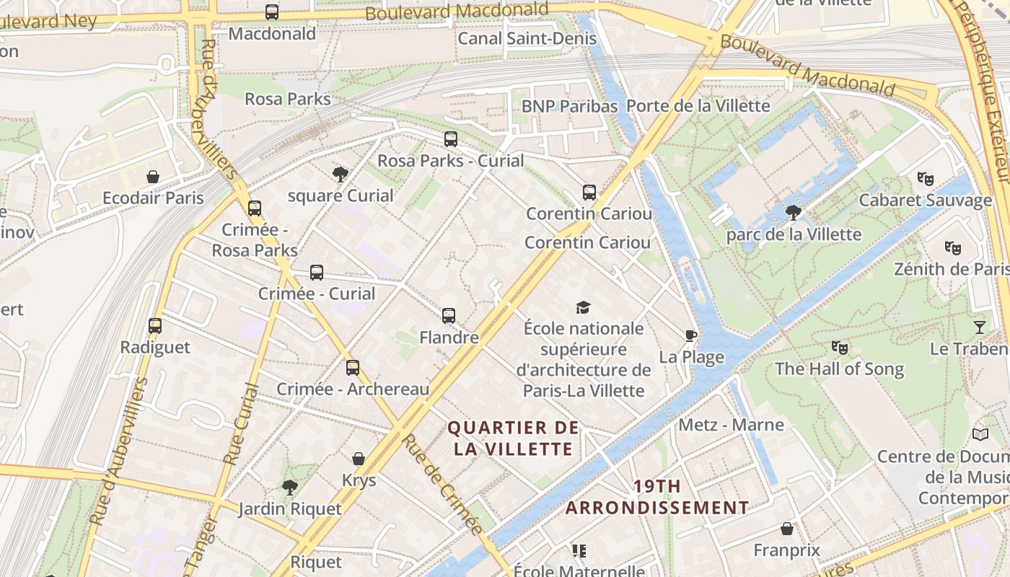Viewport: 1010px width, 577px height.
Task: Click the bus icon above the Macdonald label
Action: pos(272,12)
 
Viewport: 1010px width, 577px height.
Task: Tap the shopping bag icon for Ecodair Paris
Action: pos(153,177)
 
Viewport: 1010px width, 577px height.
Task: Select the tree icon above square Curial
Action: pos(340,174)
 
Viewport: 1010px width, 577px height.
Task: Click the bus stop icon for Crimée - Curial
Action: pos(317,273)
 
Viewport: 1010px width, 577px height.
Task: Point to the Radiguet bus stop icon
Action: pos(155,326)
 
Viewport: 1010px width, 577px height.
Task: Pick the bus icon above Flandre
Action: pos(449,316)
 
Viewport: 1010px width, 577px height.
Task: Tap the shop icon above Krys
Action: pos(359,459)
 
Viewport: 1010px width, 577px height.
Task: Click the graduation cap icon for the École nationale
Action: pos(583,308)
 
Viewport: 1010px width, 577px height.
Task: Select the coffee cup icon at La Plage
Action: pos(690,335)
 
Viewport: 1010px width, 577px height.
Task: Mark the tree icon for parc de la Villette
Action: pos(794,213)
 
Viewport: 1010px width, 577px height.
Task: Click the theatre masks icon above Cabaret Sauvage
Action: pos(925,179)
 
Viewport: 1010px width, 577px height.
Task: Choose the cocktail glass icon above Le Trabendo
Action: pos(979,327)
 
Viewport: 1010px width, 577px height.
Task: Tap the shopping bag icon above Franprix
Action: pos(787,529)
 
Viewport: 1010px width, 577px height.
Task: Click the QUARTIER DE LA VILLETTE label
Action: pos(514,439)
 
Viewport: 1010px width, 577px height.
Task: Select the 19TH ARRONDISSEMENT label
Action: pos(657,497)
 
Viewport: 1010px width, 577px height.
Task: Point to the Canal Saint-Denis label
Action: pos(527,38)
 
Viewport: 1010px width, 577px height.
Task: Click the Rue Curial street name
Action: pos(242,423)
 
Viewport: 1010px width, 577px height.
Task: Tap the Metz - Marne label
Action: pos(731,424)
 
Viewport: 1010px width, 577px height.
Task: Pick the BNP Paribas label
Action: pos(569,106)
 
